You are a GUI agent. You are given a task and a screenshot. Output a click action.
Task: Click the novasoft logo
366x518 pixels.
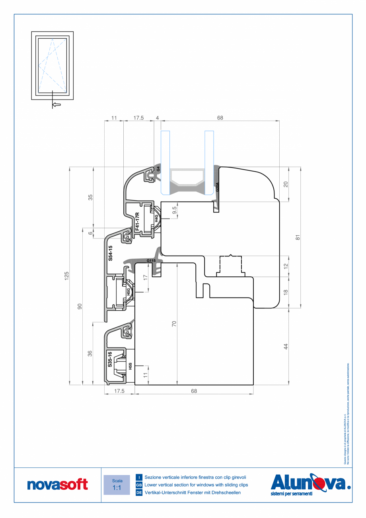click(57, 485)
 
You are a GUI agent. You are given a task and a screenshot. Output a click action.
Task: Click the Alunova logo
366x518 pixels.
click(310, 484)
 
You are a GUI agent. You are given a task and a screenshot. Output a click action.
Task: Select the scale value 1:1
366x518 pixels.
click(117, 488)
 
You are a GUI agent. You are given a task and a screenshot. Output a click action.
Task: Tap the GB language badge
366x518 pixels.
click(139, 485)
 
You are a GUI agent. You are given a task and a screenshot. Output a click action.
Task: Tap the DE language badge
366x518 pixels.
click(139, 493)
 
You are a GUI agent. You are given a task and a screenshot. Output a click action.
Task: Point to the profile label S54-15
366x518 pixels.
click(111, 253)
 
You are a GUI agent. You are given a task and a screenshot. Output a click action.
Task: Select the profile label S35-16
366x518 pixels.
click(110, 360)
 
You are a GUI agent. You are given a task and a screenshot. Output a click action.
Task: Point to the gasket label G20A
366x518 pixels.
click(217, 187)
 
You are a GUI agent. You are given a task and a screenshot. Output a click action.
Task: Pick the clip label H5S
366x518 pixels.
click(130, 366)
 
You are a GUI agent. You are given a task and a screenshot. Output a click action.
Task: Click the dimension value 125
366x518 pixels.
click(67, 276)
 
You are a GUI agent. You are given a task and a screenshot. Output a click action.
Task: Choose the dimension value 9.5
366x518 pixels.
click(174, 210)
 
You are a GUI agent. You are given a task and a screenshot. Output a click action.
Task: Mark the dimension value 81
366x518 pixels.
click(297, 237)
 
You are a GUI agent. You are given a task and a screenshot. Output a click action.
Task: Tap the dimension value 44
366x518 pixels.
click(286, 346)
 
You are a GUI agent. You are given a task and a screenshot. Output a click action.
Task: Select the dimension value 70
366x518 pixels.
click(174, 324)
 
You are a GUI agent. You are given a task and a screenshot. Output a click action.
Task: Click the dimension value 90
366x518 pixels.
click(80, 306)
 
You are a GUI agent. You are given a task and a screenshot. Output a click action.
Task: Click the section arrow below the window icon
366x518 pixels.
click(56, 104)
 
